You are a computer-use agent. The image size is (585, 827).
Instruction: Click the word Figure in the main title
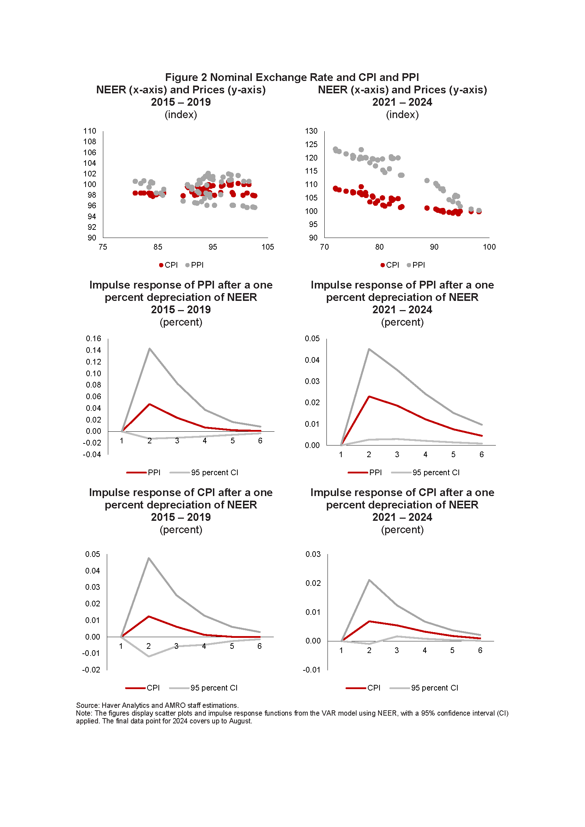pos(181,77)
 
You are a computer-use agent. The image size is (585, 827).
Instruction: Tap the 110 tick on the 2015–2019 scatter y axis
pos(90,131)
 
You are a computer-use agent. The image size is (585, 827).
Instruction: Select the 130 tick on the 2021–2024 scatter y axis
pos(311,131)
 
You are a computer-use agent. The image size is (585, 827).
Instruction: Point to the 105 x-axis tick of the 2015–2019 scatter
pos(268,247)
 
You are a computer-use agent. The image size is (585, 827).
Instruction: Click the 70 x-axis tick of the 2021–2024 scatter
pos(324,247)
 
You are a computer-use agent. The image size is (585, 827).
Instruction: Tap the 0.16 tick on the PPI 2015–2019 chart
pos(93,339)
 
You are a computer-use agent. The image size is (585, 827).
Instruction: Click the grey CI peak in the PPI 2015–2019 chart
pos(150,349)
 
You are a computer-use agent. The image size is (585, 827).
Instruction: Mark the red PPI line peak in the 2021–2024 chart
pos(369,397)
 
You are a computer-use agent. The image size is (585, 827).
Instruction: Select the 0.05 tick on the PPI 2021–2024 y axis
pos(312,339)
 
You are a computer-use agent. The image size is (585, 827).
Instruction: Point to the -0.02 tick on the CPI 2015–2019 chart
pos(91,670)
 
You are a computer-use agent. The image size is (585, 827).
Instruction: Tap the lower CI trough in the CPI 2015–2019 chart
pos(149,656)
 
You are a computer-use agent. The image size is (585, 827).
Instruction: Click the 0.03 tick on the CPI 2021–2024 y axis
pos(313,554)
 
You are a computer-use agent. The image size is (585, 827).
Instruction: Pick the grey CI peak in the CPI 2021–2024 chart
pos(369,580)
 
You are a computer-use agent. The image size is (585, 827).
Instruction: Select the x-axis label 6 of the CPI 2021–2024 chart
pos(480,651)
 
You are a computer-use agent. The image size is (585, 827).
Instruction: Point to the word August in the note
pos(240,721)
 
